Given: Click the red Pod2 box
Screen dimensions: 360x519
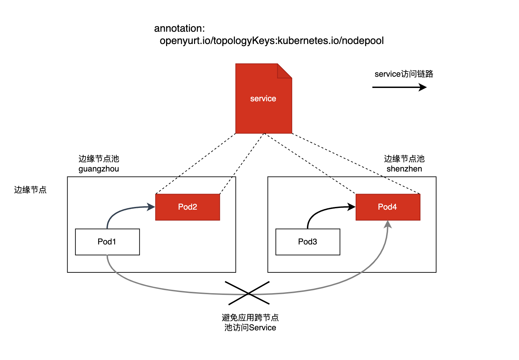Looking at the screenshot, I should point(188,207).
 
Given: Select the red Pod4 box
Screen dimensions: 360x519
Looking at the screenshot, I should point(388,207).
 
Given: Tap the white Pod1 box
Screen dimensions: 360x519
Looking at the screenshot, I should point(107,242).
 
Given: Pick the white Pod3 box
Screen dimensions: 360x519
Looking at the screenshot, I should point(308,242).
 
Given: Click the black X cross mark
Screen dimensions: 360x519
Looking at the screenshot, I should point(249,293).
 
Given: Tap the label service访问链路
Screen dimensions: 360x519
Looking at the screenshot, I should point(404,74).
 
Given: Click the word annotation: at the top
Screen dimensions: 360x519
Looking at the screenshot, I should point(179,28).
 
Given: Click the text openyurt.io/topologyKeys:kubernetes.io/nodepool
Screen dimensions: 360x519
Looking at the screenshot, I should point(271,41).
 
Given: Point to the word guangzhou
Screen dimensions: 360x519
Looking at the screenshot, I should point(99,169).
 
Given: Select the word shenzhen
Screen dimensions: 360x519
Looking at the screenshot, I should point(404,169).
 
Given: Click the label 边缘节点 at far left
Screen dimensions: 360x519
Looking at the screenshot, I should point(30,190).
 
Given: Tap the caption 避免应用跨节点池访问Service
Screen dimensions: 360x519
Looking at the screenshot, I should point(250,322).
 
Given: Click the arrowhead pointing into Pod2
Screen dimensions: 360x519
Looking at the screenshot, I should point(151,207).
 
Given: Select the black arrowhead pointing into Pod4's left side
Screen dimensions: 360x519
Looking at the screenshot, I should point(351,207).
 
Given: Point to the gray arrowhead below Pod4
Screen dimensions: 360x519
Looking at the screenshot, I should point(388,225).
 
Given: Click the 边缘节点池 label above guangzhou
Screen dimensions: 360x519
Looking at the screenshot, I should point(99,159).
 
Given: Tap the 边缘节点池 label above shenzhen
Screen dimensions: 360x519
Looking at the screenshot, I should point(404,159).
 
